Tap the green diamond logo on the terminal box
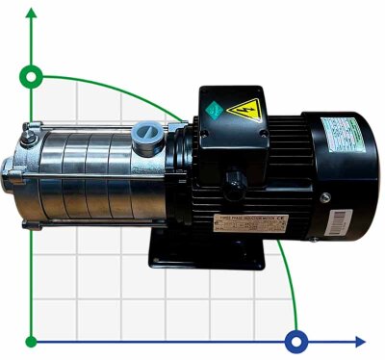pos(212,110)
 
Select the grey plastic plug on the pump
pos(145,133)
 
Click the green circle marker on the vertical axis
pos(33,75)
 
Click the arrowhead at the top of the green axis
pos(33,11)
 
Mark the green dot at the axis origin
pos(33,340)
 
